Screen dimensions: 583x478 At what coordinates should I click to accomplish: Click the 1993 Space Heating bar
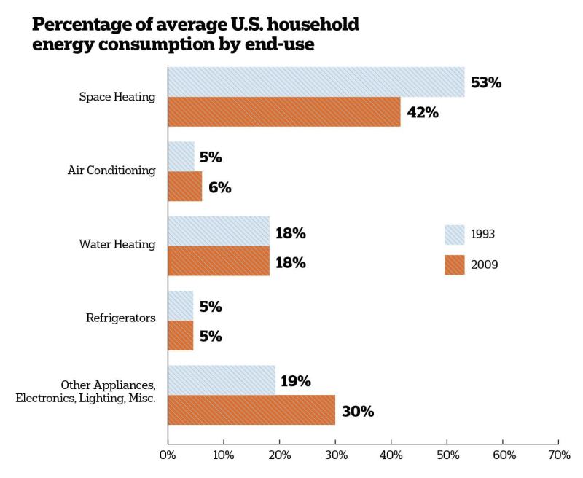pos(316,82)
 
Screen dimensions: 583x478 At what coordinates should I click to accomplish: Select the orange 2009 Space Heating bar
pos(284,112)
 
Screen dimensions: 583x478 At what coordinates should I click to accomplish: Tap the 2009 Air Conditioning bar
pos(185,187)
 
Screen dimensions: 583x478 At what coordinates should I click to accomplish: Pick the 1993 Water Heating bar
pos(219,231)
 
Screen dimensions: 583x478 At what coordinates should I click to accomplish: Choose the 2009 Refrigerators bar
pos(181,335)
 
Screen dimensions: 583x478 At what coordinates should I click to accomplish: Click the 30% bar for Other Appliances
pos(251,410)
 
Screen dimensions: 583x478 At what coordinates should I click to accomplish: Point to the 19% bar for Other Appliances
pos(222,380)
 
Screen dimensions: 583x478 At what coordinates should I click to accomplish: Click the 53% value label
pos(486,82)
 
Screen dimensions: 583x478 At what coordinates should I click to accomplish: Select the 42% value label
pos(423,112)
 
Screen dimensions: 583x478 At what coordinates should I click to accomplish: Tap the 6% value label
pos(220,187)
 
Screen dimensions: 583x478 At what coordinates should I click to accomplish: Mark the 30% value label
pos(358,412)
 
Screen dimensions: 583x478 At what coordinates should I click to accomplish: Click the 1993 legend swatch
pos(454,235)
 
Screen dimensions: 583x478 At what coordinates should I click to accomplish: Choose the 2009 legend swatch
pos(454,265)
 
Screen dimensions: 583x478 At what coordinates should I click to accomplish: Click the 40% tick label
pos(391,455)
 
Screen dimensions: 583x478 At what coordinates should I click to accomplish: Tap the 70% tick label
pos(559,455)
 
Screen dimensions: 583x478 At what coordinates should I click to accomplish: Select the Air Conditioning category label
pos(111,171)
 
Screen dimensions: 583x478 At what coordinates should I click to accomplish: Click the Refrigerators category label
pos(121,318)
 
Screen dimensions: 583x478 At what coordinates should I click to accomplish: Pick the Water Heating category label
pos(117,244)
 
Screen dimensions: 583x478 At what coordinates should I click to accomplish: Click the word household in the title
pos(313,25)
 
